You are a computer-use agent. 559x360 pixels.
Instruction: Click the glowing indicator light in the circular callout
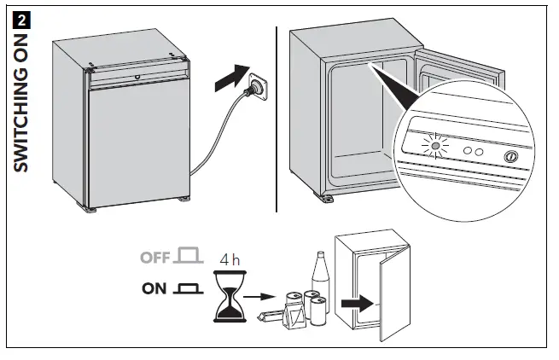(436, 148)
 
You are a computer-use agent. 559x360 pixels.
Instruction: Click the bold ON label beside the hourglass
(154, 288)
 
